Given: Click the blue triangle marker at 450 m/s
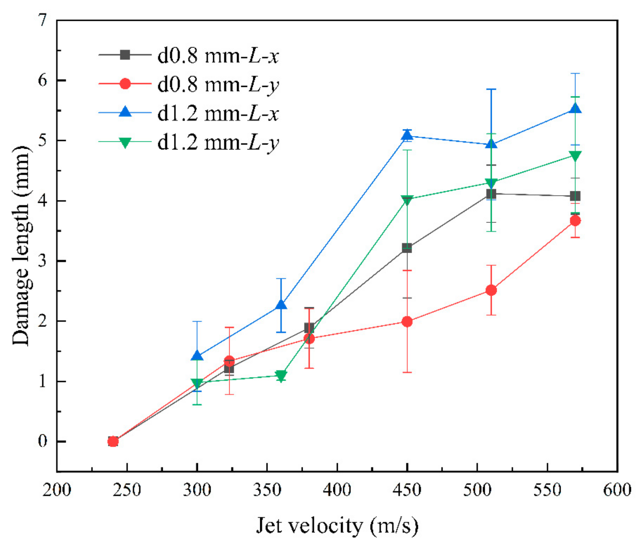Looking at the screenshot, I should [x=407, y=135].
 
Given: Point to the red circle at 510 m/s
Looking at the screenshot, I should [x=491, y=290].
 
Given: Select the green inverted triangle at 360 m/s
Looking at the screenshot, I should [x=281, y=376].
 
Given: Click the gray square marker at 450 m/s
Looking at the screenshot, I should [x=407, y=248].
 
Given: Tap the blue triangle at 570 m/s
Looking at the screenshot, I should [x=575, y=109].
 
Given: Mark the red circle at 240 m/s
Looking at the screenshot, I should [x=113, y=441].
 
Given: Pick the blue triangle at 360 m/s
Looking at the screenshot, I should [x=281, y=305].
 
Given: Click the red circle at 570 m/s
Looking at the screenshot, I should [x=575, y=221].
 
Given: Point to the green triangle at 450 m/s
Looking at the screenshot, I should [x=407, y=200].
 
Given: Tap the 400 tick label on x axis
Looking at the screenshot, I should [x=337, y=490].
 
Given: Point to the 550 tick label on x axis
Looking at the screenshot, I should [x=547, y=490].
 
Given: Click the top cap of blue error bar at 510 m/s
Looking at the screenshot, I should [x=491, y=89].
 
